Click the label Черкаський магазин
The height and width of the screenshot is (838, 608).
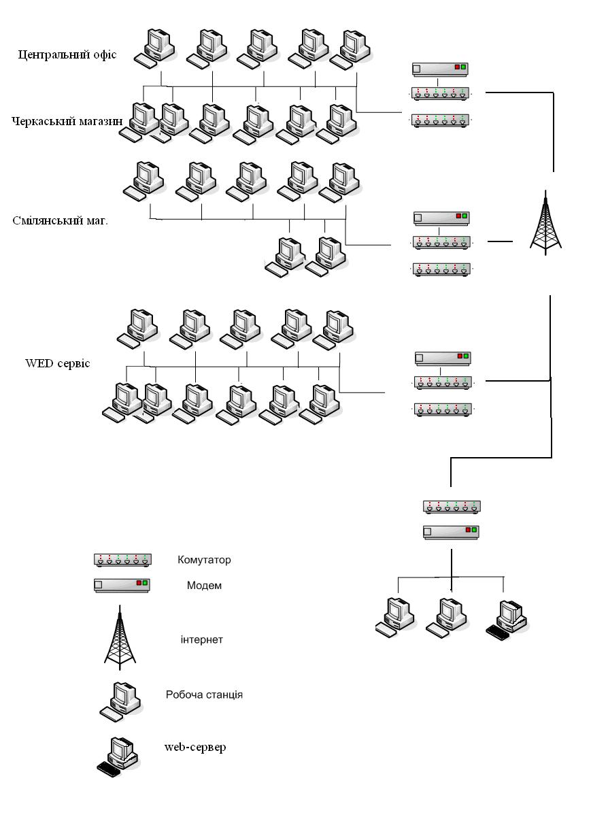click(67, 121)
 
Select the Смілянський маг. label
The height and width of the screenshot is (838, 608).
click(60, 221)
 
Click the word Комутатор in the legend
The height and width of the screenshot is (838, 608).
click(204, 560)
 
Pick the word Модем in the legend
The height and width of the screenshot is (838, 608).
click(204, 585)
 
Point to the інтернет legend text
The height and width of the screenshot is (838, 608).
click(203, 639)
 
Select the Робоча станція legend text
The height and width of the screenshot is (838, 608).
click(204, 694)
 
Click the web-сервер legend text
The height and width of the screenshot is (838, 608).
click(195, 747)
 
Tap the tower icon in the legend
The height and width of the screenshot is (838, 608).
click(120, 637)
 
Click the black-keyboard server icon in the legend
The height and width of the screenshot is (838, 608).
click(117, 756)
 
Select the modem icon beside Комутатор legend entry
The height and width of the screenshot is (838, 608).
click(121, 584)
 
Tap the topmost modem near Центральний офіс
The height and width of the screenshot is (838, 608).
click(440, 68)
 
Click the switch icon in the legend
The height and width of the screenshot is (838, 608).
click(122, 560)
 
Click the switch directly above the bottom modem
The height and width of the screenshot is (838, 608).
click(452, 506)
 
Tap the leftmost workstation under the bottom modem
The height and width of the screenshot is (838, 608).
click(395, 616)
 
